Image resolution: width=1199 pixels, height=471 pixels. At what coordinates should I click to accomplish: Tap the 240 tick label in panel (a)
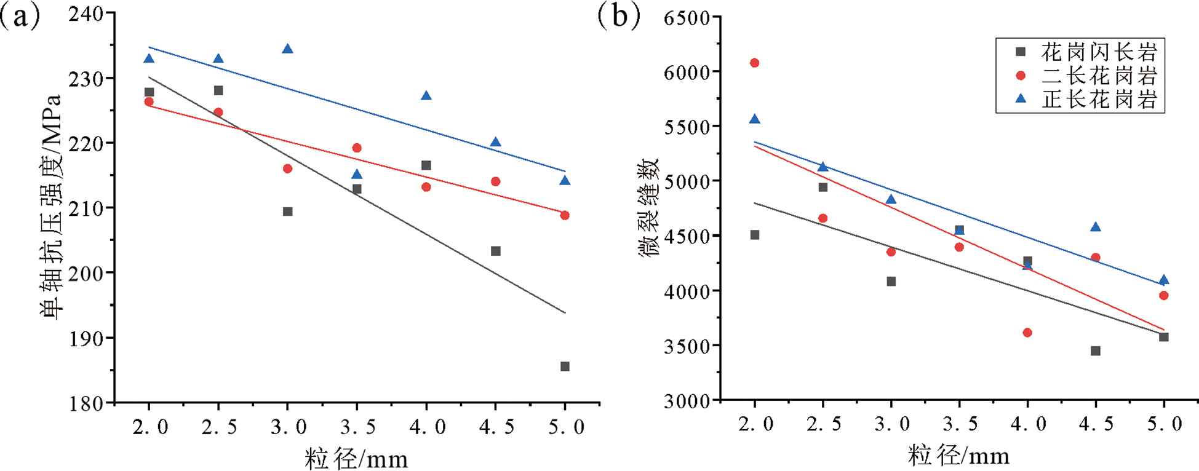click(86, 14)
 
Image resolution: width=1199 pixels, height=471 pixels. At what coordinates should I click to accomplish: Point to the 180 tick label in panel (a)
click(86, 403)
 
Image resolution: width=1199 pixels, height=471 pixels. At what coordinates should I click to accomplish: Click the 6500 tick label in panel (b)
click(687, 18)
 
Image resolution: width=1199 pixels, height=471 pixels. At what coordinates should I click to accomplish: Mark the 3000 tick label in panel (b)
click(687, 401)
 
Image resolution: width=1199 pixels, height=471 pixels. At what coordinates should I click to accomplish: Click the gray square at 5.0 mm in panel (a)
click(565, 366)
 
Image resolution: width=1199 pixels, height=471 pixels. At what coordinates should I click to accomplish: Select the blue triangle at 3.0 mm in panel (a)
click(287, 49)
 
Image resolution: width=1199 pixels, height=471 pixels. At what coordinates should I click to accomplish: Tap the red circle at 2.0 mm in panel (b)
click(755, 63)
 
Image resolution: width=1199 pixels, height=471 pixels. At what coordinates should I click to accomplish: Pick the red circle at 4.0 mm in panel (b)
click(1027, 333)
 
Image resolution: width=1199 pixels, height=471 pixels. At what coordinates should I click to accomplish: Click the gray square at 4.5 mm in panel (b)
click(1096, 351)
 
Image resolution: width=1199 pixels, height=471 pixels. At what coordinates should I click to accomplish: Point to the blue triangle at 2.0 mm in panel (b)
click(755, 119)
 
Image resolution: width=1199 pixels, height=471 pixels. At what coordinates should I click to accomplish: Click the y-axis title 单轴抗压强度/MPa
click(52, 206)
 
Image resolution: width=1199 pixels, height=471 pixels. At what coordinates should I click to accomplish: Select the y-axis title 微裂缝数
click(649, 206)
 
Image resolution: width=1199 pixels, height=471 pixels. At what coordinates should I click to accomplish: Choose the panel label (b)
click(619, 17)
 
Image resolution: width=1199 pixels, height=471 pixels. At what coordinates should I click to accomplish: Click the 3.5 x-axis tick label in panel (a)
click(357, 427)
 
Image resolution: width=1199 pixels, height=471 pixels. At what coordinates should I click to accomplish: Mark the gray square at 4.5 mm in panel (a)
click(496, 251)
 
